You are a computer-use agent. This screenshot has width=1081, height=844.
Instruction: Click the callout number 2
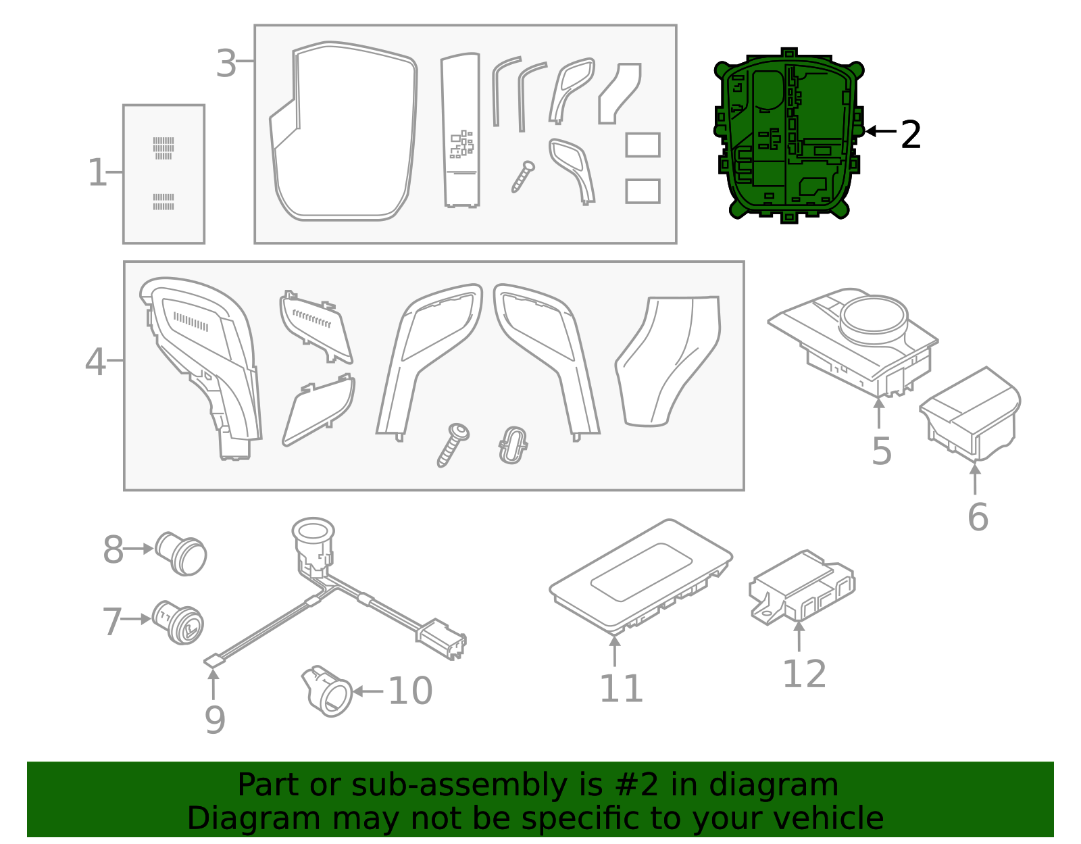911,134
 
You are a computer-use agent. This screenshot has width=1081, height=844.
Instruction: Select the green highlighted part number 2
788,135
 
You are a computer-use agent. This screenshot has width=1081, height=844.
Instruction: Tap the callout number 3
226,64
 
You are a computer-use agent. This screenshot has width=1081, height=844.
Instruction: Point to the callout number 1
97,172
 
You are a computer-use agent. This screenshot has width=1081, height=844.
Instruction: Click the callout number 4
95,362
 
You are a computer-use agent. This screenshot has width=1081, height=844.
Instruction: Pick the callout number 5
882,451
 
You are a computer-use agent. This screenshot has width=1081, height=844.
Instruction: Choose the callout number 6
978,517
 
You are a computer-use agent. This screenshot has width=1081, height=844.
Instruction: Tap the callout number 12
805,674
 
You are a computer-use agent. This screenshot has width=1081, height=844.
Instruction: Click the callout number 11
622,689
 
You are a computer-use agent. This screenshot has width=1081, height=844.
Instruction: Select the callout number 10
410,691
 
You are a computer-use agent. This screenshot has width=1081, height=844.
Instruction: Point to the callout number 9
215,720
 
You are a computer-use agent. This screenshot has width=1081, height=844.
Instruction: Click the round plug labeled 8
181,554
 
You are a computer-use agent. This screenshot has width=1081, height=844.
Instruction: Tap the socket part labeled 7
178,622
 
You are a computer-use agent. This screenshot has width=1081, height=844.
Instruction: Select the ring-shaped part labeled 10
327,691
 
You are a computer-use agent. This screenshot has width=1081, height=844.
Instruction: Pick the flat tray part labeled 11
640,577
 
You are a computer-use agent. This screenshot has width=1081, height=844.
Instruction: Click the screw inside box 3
524,176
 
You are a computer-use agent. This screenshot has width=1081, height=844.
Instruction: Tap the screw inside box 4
453,445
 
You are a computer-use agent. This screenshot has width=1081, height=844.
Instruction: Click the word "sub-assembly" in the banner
459,785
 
